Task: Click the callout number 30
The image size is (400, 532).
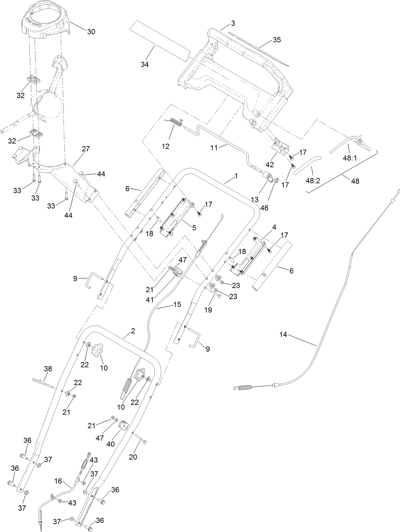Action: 91,31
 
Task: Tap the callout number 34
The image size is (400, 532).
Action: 145,64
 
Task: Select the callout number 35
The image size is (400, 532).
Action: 277,40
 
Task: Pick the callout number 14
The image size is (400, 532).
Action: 283,334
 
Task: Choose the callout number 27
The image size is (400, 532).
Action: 86,149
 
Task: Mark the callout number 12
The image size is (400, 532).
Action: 165,146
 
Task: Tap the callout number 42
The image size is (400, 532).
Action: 269,165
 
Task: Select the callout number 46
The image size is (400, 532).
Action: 264,208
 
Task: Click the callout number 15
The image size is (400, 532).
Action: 177,305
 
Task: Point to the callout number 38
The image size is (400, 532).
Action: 48,369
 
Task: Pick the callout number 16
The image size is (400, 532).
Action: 58,481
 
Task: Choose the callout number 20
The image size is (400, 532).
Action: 133,457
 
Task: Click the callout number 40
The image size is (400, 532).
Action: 110,444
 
